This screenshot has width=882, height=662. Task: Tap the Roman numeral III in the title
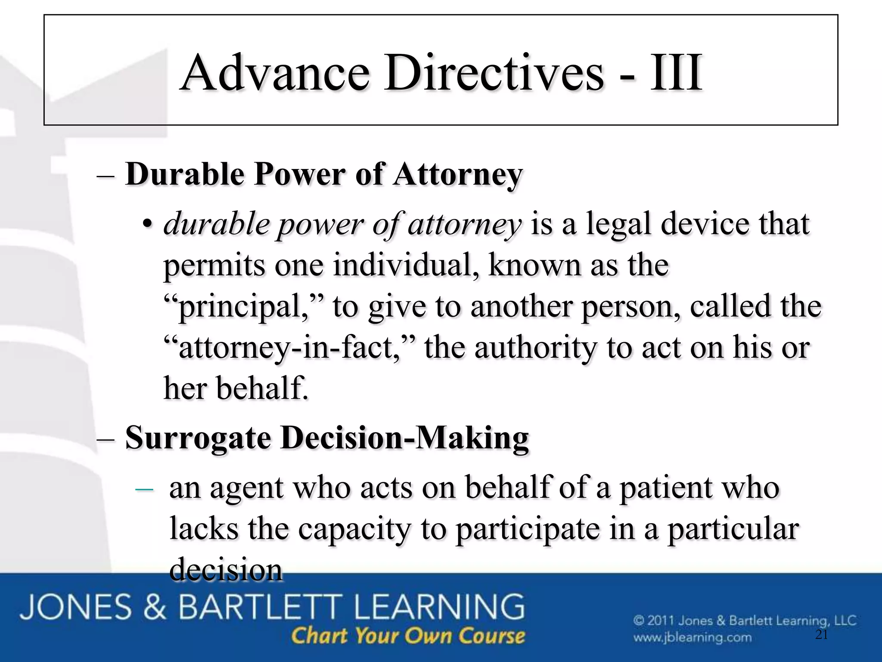tap(676, 73)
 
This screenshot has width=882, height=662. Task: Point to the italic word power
tap(320, 225)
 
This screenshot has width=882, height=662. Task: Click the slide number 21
tap(822, 634)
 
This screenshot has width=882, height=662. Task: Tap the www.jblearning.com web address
tap(692, 637)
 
